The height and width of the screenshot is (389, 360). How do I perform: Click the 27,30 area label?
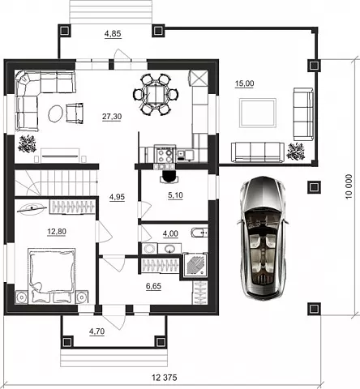pos(112,117)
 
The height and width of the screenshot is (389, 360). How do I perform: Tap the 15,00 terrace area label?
pos(244,83)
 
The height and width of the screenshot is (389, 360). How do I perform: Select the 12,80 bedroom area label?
pos(57,232)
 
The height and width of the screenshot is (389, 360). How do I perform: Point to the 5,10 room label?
pos(175,195)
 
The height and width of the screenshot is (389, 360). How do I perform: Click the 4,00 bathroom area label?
pos(170,233)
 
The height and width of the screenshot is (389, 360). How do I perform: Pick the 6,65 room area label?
pos(153,286)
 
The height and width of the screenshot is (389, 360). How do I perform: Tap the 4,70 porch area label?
pos(96,331)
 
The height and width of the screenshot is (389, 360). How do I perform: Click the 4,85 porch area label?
pos(113,34)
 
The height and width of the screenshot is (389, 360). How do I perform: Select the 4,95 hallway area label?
pos(117,197)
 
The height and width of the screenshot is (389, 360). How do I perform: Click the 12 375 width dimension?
pos(165,378)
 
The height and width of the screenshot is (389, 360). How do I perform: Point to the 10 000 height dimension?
pos(349,186)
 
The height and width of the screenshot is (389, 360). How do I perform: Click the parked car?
pos(263,237)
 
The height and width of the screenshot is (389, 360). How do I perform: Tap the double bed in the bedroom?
pos(52,275)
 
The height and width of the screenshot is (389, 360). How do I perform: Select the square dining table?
pos(156,95)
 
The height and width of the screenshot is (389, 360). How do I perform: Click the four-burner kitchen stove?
pos(165,156)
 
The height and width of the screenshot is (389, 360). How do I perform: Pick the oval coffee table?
pos(56,113)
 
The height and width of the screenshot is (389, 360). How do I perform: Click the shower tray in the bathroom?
pos(195,265)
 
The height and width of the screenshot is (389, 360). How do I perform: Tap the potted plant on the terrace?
pos(296,152)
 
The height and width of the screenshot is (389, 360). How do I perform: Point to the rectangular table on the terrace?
pos(258,113)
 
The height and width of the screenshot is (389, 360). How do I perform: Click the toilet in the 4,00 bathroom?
pos(199,233)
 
